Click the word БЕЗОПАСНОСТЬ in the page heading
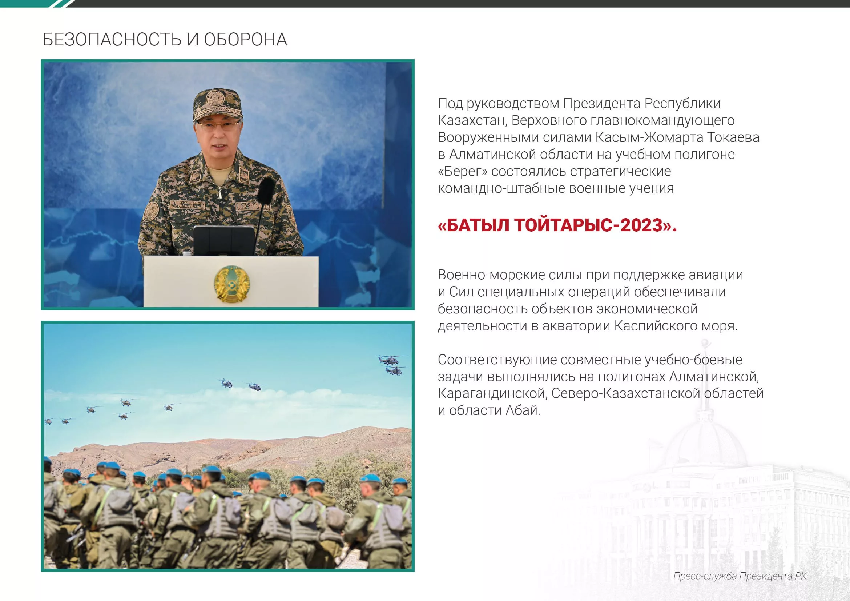click(x=112, y=40)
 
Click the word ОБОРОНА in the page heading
click(x=245, y=40)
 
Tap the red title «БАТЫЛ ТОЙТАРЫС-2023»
click(x=557, y=225)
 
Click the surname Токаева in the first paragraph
click(x=733, y=137)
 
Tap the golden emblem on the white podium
click(x=231, y=283)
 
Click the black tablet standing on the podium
click(x=224, y=240)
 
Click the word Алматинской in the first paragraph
click(x=493, y=155)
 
